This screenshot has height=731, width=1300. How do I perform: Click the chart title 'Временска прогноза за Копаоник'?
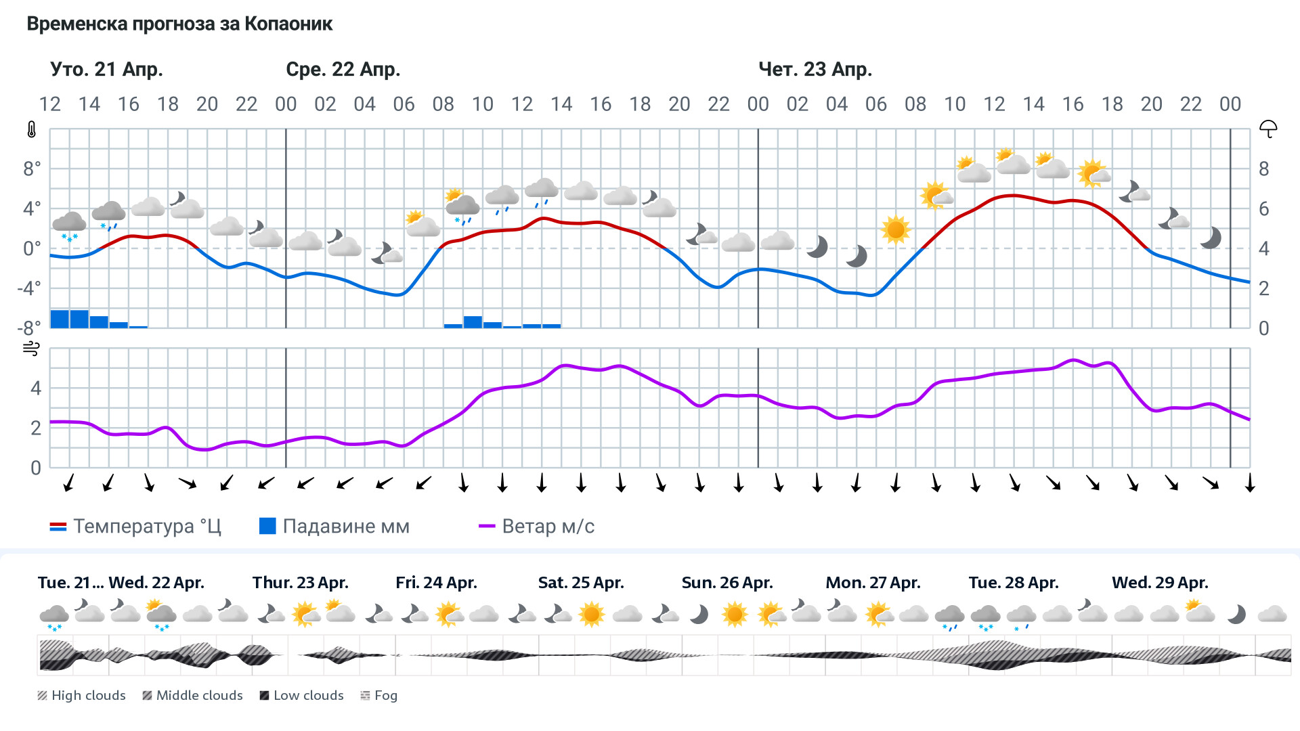(179, 24)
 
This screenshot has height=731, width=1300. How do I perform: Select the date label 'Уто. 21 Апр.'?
(106, 69)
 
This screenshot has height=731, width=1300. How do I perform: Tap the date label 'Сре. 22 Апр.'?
(343, 69)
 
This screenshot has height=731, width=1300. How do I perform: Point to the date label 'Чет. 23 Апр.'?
(815, 69)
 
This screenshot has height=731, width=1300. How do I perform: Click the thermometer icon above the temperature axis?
(32, 129)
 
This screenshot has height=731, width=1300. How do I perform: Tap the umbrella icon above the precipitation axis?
(1267, 129)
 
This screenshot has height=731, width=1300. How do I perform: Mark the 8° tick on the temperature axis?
(32, 169)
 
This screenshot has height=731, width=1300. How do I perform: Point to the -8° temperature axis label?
(29, 328)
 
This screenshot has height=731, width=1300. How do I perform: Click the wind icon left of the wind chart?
(31, 349)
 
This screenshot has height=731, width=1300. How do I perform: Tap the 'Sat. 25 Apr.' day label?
(580, 583)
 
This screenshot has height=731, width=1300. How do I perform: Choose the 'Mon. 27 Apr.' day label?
(873, 583)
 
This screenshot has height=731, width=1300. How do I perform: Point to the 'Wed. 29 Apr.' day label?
(1159, 583)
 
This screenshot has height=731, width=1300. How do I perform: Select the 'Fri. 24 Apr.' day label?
(436, 583)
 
